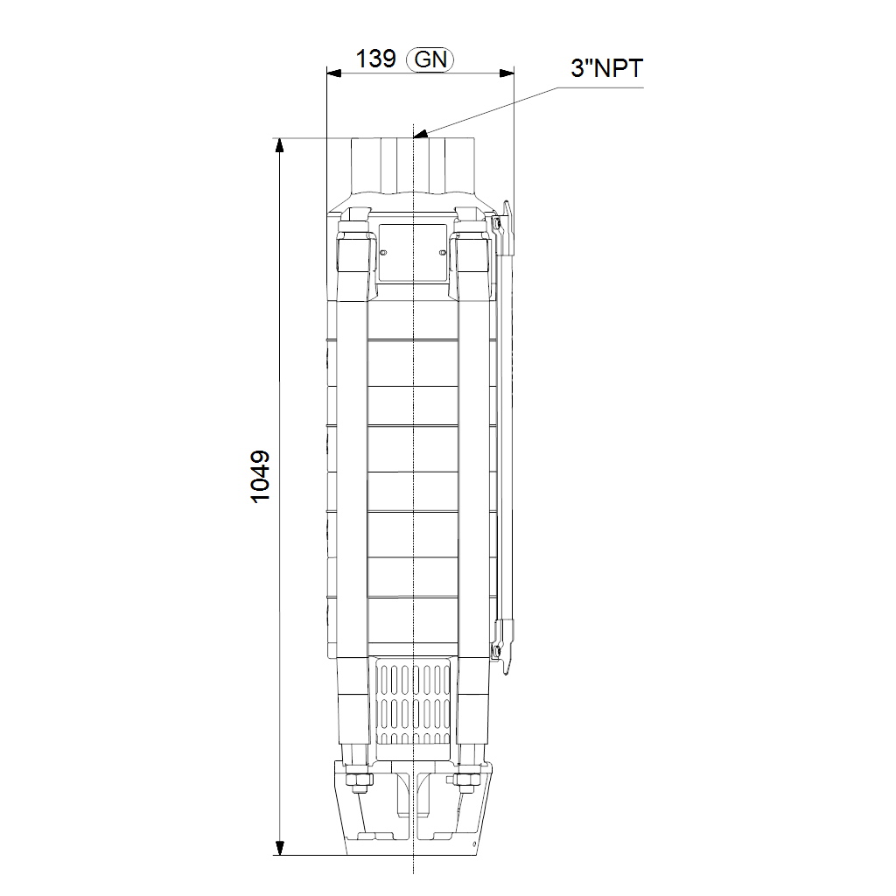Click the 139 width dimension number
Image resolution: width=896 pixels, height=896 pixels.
pyautogui.click(x=375, y=59)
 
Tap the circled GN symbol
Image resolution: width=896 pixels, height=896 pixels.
pyautogui.click(x=430, y=59)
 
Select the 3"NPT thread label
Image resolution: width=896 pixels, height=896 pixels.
pyautogui.click(x=607, y=68)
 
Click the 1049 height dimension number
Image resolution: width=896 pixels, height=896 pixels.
pyautogui.click(x=261, y=477)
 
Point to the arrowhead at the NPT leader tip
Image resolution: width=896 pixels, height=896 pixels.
pyautogui.click(x=420, y=135)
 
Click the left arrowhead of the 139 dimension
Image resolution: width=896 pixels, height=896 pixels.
pyautogui.click(x=333, y=73)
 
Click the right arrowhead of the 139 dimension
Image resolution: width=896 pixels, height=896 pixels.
pyautogui.click(x=507, y=73)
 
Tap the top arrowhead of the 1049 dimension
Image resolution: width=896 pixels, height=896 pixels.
pyautogui.click(x=279, y=146)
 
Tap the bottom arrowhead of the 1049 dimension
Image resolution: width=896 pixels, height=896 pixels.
pyautogui.click(x=279, y=847)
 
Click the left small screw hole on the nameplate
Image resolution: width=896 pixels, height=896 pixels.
pyautogui.click(x=383, y=253)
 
